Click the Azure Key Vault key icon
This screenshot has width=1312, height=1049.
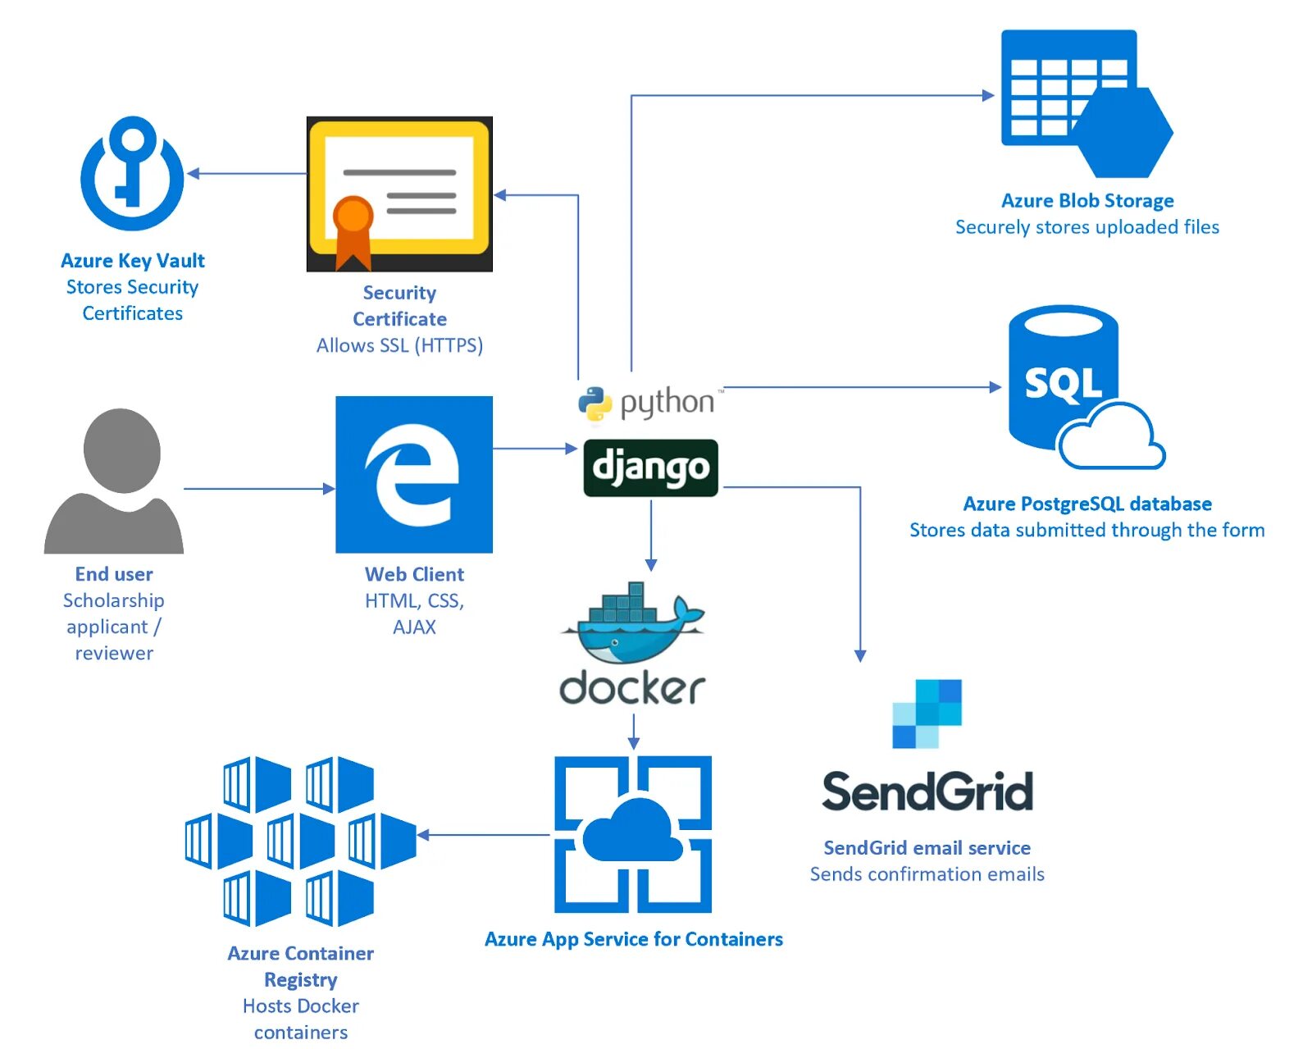click(x=132, y=173)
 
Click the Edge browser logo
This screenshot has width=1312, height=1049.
click(x=413, y=475)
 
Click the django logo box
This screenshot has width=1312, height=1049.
click(x=650, y=468)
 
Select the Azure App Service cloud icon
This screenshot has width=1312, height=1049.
click(x=632, y=833)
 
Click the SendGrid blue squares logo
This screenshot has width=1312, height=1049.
click(x=927, y=714)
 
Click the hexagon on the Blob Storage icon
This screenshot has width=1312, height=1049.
click(x=1121, y=132)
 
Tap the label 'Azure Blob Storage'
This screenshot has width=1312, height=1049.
click(x=1087, y=201)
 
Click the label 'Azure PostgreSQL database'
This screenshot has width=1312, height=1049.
click(x=1087, y=504)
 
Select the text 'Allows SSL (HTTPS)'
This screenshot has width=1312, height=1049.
click(x=399, y=345)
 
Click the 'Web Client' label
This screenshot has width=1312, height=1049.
click(x=414, y=574)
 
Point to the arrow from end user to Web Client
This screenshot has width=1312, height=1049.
click(x=258, y=489)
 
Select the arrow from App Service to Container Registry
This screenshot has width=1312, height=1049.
click(x=484, y=835)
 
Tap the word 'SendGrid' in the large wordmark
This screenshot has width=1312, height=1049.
click(x=927, y=791)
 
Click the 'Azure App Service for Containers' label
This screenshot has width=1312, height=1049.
click(x=633, y=939)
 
